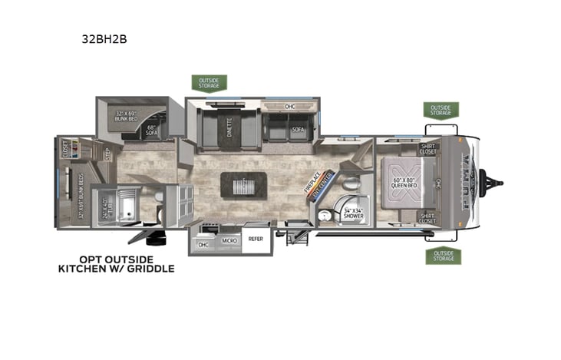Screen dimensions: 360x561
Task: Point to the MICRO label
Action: [x=229, y=240]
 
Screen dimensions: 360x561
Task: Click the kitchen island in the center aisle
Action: [x=244, y=185]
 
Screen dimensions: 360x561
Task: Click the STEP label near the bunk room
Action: [x=107, y=153]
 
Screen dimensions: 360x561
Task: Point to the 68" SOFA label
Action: [x=151, y=130]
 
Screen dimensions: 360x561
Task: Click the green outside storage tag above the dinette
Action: [x=209, y=82]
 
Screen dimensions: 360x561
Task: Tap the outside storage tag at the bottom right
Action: [x=443, y=256]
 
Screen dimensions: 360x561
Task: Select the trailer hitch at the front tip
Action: [x=497, y=183]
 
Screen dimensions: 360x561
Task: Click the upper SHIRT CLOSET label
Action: [x=428, y=149]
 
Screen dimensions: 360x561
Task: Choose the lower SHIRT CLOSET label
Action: [x=428, y=218]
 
